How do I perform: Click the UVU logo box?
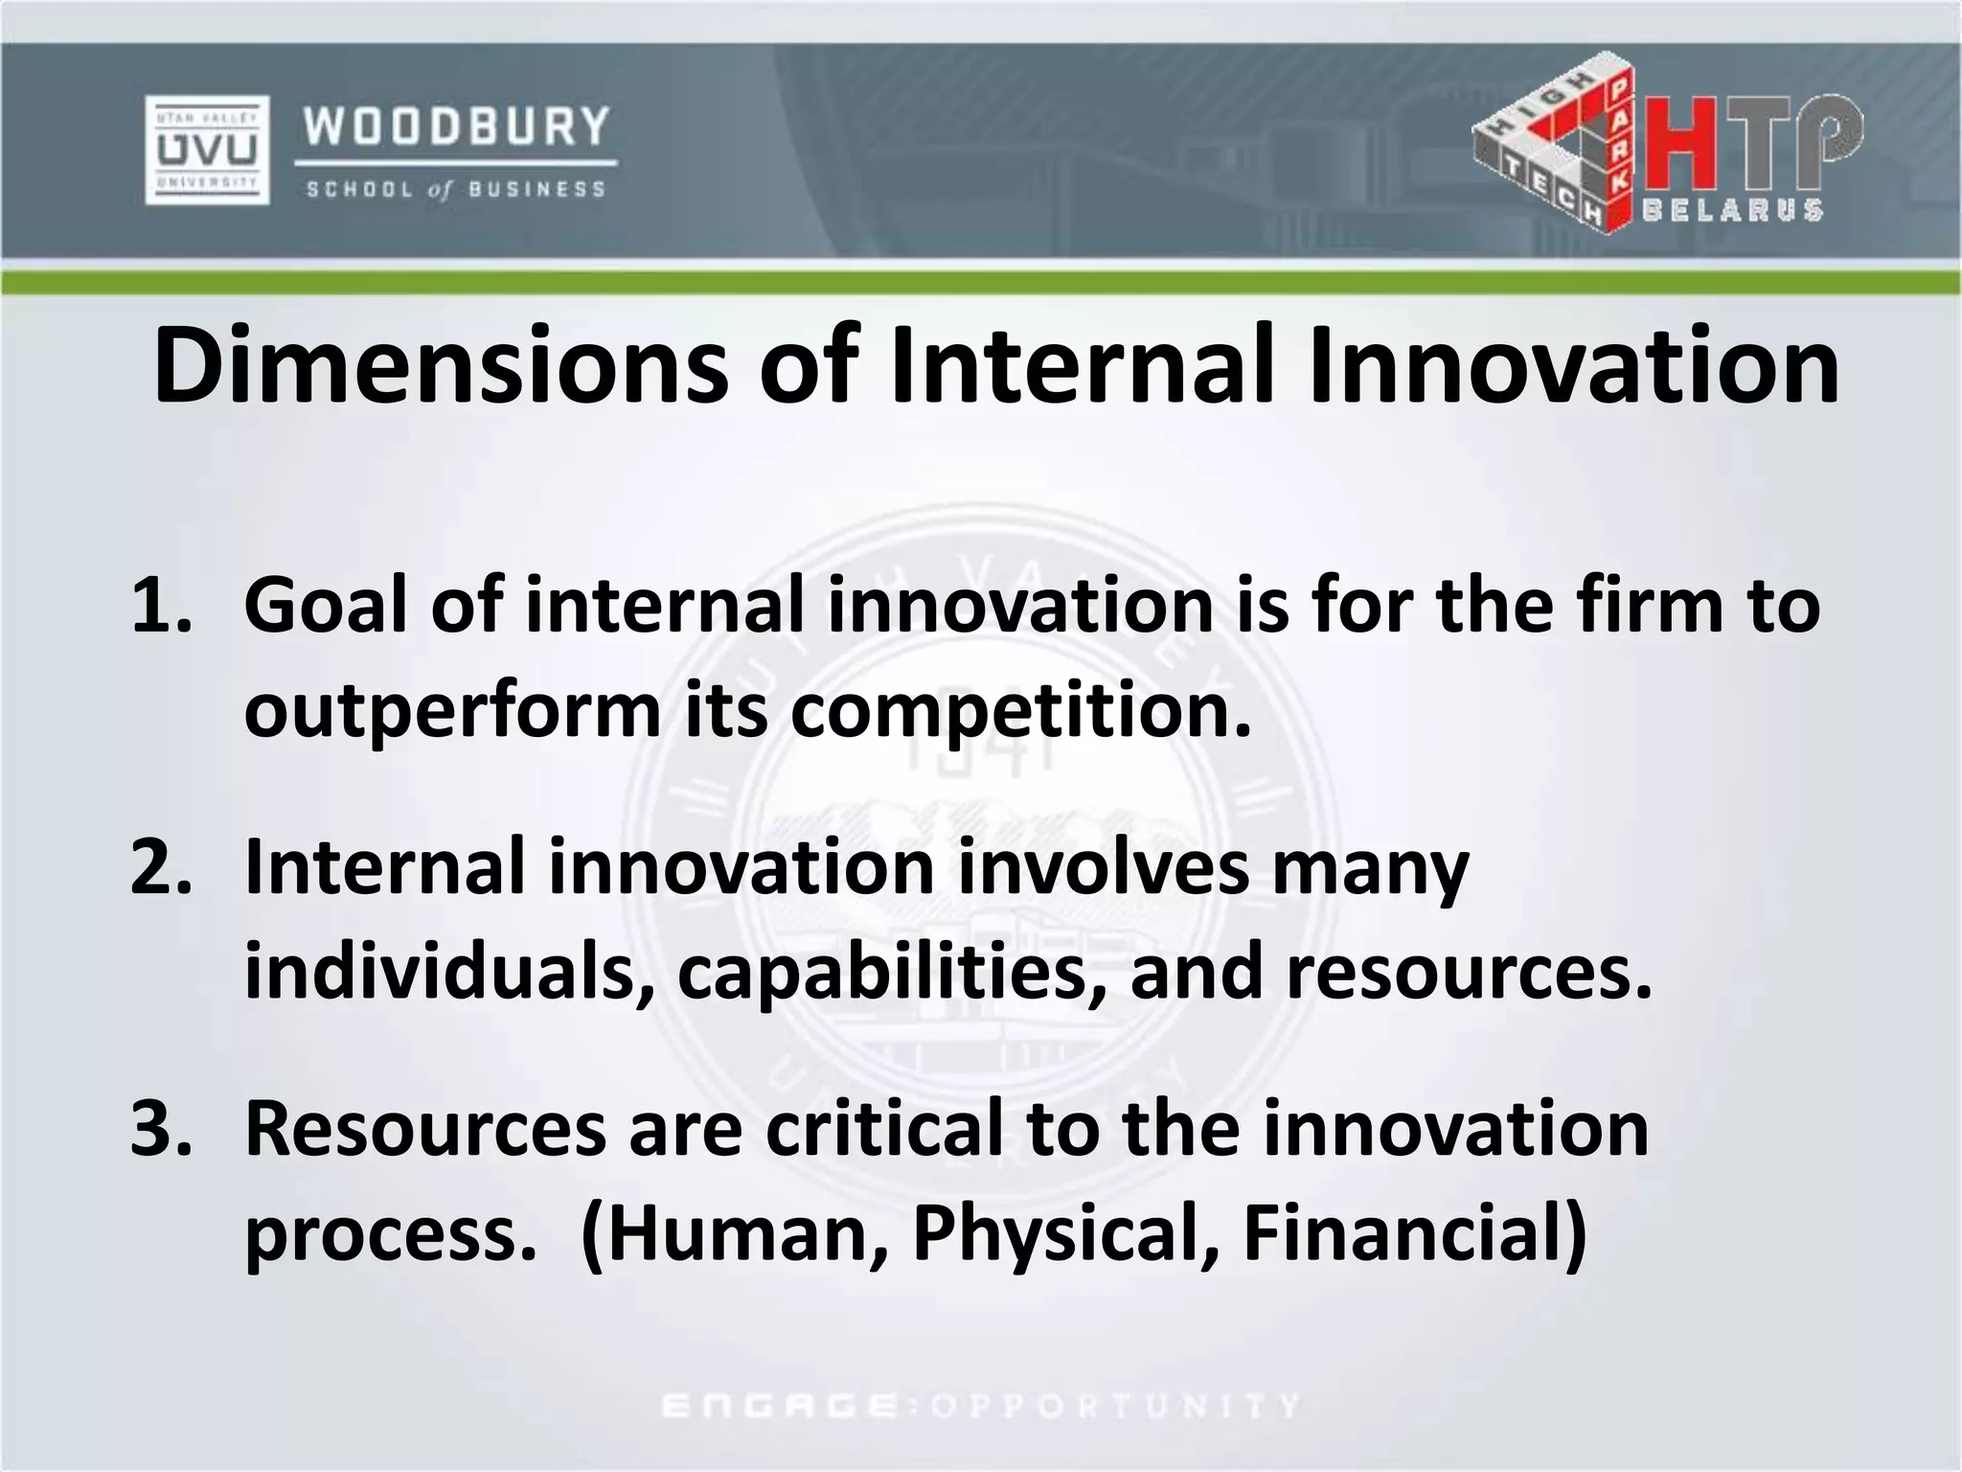[x=207, y=149]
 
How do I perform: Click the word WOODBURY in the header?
[x=457, y=126]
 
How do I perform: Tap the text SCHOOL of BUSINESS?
[x=456, y=190]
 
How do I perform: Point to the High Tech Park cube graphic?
[x=1552, y=153]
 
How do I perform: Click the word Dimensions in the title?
[x=441, y=367]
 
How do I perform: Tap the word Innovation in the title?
[x=1573, y=367]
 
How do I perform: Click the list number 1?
[x=159, y=607]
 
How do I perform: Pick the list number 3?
[x=159, y=1129]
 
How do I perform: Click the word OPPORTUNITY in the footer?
[x=1115, y=1406]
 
